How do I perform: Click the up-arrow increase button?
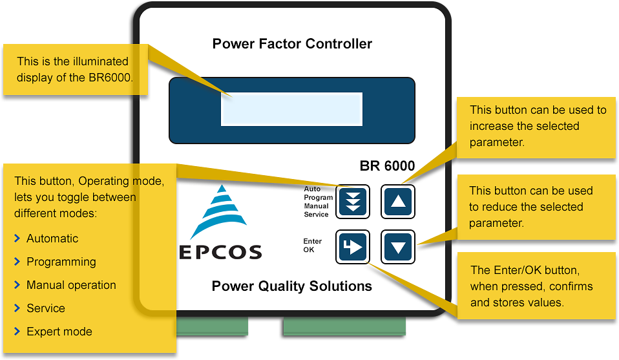click(397, 202)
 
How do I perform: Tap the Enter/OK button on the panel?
click(352, 246)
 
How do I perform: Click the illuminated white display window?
click(291, 109)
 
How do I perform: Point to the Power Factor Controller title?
click(292, 44)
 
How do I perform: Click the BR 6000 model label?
click(387, 165)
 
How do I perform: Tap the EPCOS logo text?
click(220, 252)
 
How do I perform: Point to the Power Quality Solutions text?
click(292, 286)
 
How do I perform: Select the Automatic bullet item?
click(52, 238)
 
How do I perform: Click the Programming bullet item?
click(61, 262)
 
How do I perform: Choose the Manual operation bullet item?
click(71, 285)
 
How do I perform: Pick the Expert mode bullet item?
click(59, 332)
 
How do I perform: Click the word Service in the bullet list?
click(45, 308)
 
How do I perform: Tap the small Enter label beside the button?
click(313, 241)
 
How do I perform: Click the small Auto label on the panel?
click(312, 189)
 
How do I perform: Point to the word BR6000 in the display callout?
click(109, 78)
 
